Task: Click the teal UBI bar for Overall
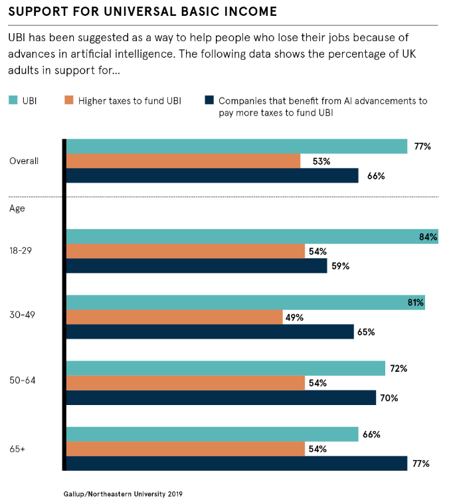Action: click(236, 146)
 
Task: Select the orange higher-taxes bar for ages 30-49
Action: click(174, 317)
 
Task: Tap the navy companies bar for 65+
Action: click(236, 463)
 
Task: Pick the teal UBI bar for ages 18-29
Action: click(252, 237)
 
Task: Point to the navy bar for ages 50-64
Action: click(221, 398)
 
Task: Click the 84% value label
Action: click(428, 237)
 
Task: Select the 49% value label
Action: click(294, 317)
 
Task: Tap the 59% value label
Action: click(340, 266)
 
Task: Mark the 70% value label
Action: click(389, 398)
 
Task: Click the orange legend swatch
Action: click(68, 101)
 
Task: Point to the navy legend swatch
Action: click(209, 101)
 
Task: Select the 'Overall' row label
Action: click(24, 161)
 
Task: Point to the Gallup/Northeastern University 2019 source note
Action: click(123, 493)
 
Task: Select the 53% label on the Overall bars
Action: click(313, 161)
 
